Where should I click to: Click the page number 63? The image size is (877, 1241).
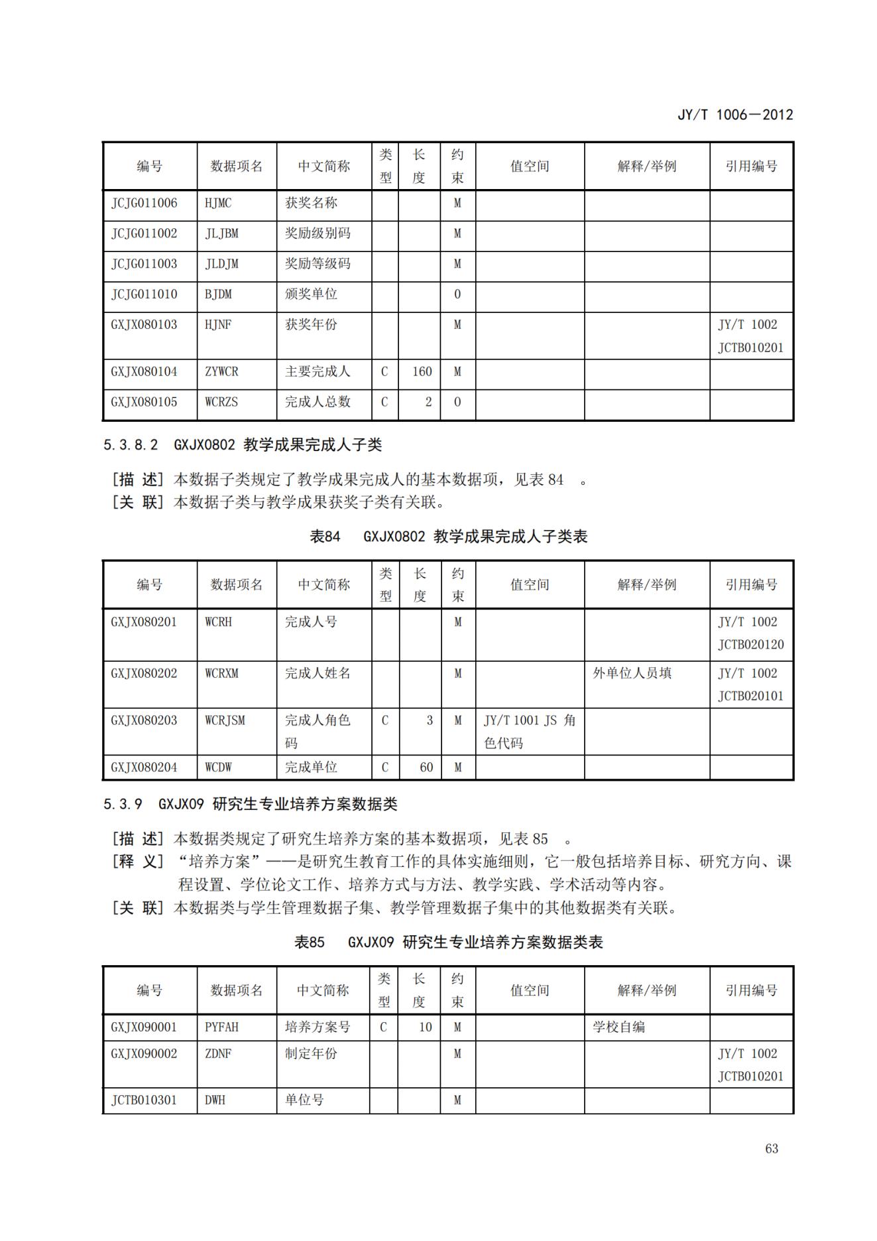(x=771, y=1148)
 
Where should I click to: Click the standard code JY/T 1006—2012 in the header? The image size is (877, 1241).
(x=734, y=115)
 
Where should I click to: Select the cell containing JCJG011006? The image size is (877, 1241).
(x=145, y=203)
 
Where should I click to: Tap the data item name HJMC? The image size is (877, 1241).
(x=218, y=203)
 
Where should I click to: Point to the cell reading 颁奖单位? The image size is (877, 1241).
(x=311, y=294)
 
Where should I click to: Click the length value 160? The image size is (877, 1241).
(x=422, y=371)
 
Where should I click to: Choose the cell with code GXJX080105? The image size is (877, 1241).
(x=145, y=402)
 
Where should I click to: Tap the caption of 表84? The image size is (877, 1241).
(x=448, y=536)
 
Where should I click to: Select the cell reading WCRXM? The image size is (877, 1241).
(x=221, y=673)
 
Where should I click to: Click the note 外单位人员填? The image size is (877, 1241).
(x=632, y=673)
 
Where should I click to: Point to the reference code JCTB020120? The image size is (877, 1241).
(x=750, y=644)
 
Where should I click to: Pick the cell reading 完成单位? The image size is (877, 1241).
(x=311, y=767)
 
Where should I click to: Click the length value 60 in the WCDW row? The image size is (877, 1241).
(x=426, y=767)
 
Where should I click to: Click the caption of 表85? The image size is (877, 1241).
(x=448, y=942)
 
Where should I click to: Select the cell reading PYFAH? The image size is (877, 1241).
(x=221, y=1027)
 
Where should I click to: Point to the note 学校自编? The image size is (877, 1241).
(x=618, y=1027)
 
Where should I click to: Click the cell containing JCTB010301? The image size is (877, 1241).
(x=145, y=1100)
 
